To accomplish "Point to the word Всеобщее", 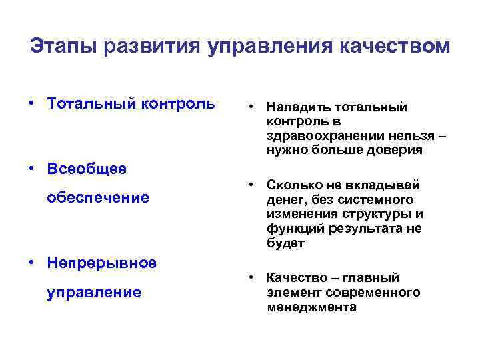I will [87, 169].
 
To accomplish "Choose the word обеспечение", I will [98, 198].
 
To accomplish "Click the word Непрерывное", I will [102, 263].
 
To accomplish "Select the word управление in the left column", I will [94, 292].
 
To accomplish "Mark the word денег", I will [285, 200].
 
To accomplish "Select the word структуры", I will [371, 214].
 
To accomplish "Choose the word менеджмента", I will [311, 307].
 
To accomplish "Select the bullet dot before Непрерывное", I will [31, 263].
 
